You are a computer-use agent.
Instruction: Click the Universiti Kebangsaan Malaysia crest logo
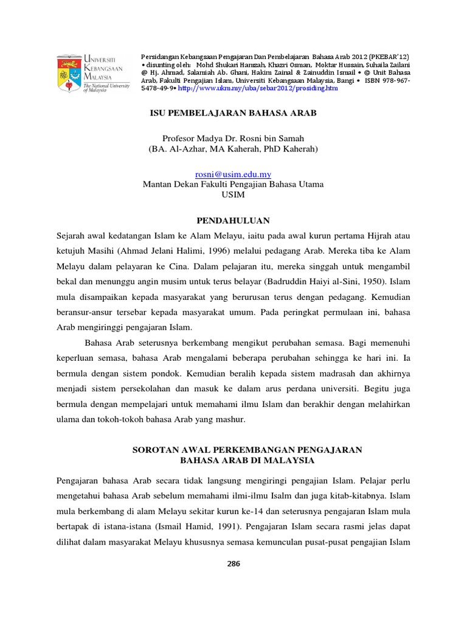[71, 71]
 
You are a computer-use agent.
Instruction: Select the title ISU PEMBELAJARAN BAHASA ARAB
[233, 113]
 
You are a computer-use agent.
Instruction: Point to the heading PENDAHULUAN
[233, 220]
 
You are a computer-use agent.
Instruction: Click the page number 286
[233, 563]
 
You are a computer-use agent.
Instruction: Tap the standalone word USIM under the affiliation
[233, 195]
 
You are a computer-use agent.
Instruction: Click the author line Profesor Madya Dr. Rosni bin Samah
[233, 138]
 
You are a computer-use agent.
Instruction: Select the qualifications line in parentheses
[233, 148]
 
